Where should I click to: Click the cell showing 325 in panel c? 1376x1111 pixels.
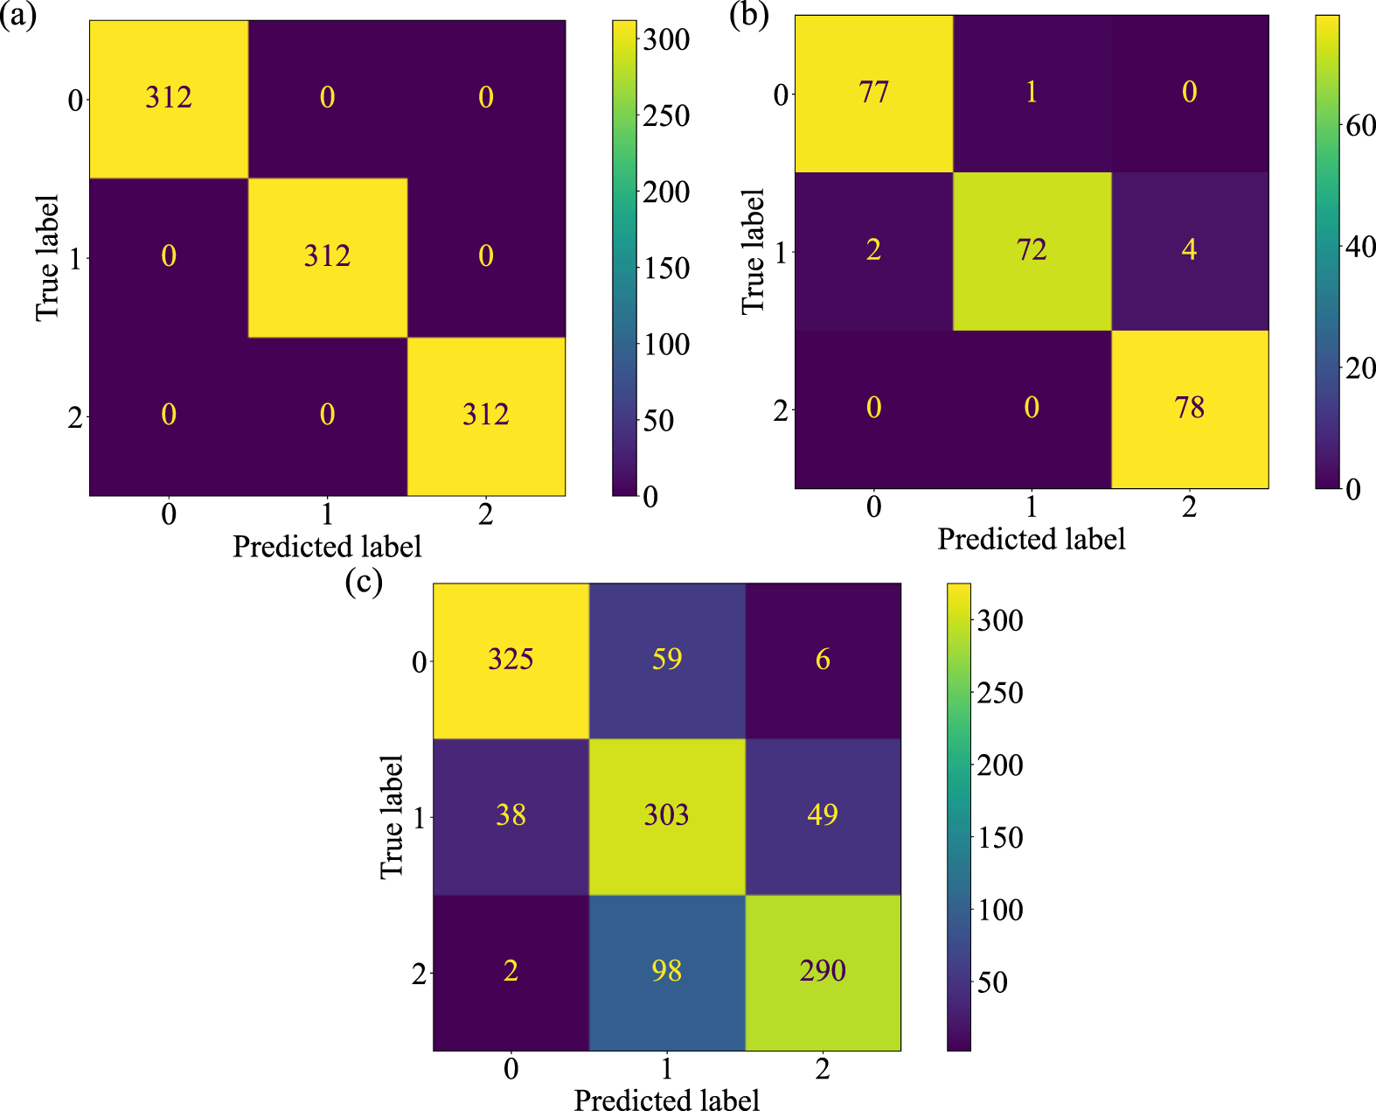pyautogui.click(x=511, y=660)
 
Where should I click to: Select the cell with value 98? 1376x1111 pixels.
pyautogui.click(x=666, y=971)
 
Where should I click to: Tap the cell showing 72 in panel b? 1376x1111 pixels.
pyautogui.click(x=1032, y=251)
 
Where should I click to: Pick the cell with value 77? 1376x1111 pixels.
pyautogui.click(x=873, y=93)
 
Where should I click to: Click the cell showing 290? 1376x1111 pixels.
pyautogui.click(x=823, y=971)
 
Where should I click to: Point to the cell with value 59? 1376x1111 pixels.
pyautogui.click(x=666, y=660)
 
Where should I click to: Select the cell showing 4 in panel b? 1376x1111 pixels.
pyautogui.click(x=1189, y=251)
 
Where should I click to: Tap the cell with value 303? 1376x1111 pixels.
pyautogui.click(x=666, y=815)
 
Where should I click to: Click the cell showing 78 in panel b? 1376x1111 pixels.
pyautogui.click(x=1189, y=409)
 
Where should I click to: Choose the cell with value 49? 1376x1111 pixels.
pyautogui.click(x=823, y=815)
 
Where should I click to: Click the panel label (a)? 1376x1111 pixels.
pyautogui.click(x=18, y=16)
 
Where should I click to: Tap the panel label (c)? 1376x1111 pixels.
pyautogui.click(x=364, y=582)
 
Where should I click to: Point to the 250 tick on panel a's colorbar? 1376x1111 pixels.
pyautogui.click(x=666, y=115)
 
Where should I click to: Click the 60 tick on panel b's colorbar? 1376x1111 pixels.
pyautogui.click(x=1360, y=126)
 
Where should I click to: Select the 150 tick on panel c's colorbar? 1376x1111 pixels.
pyautogui.click(x=1000, y=838)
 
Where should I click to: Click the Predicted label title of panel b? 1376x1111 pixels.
pyautogui.click(x=1032, y=539)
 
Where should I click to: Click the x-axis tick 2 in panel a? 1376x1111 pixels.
pyautogui.click(x=485, y=514)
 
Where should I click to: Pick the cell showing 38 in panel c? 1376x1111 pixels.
pyautogui.click(x=511, y=815)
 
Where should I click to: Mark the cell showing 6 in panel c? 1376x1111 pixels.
pyautogui.click(x=823, y=660)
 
